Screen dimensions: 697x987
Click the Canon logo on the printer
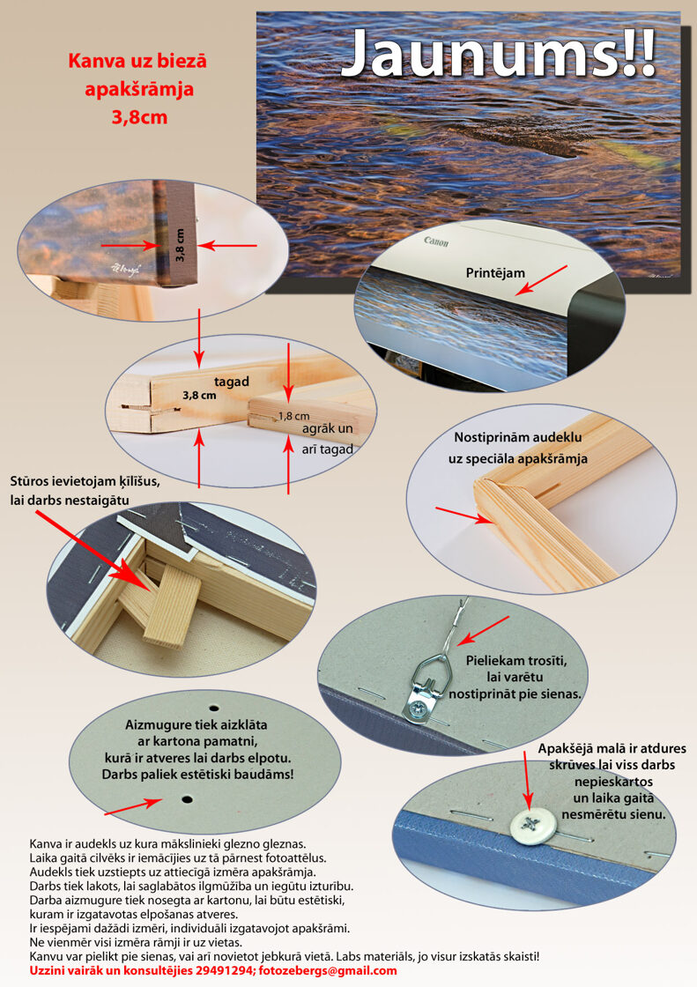436,241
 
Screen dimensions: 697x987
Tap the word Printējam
495,272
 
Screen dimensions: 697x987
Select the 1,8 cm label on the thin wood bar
294,415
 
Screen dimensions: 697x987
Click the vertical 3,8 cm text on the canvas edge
180,245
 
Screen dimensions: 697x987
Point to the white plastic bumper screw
533,826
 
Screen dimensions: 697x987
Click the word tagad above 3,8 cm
231,382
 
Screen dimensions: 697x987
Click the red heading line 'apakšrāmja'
139,89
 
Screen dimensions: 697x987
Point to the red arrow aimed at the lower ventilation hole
134,806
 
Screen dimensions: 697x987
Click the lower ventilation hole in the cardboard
187,799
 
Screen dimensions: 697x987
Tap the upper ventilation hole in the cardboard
214,707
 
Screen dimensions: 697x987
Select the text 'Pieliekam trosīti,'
516,661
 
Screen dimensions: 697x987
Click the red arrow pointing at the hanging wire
482,630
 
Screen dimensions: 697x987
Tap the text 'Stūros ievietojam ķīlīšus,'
85,481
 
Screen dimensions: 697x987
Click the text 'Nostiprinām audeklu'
517,437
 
